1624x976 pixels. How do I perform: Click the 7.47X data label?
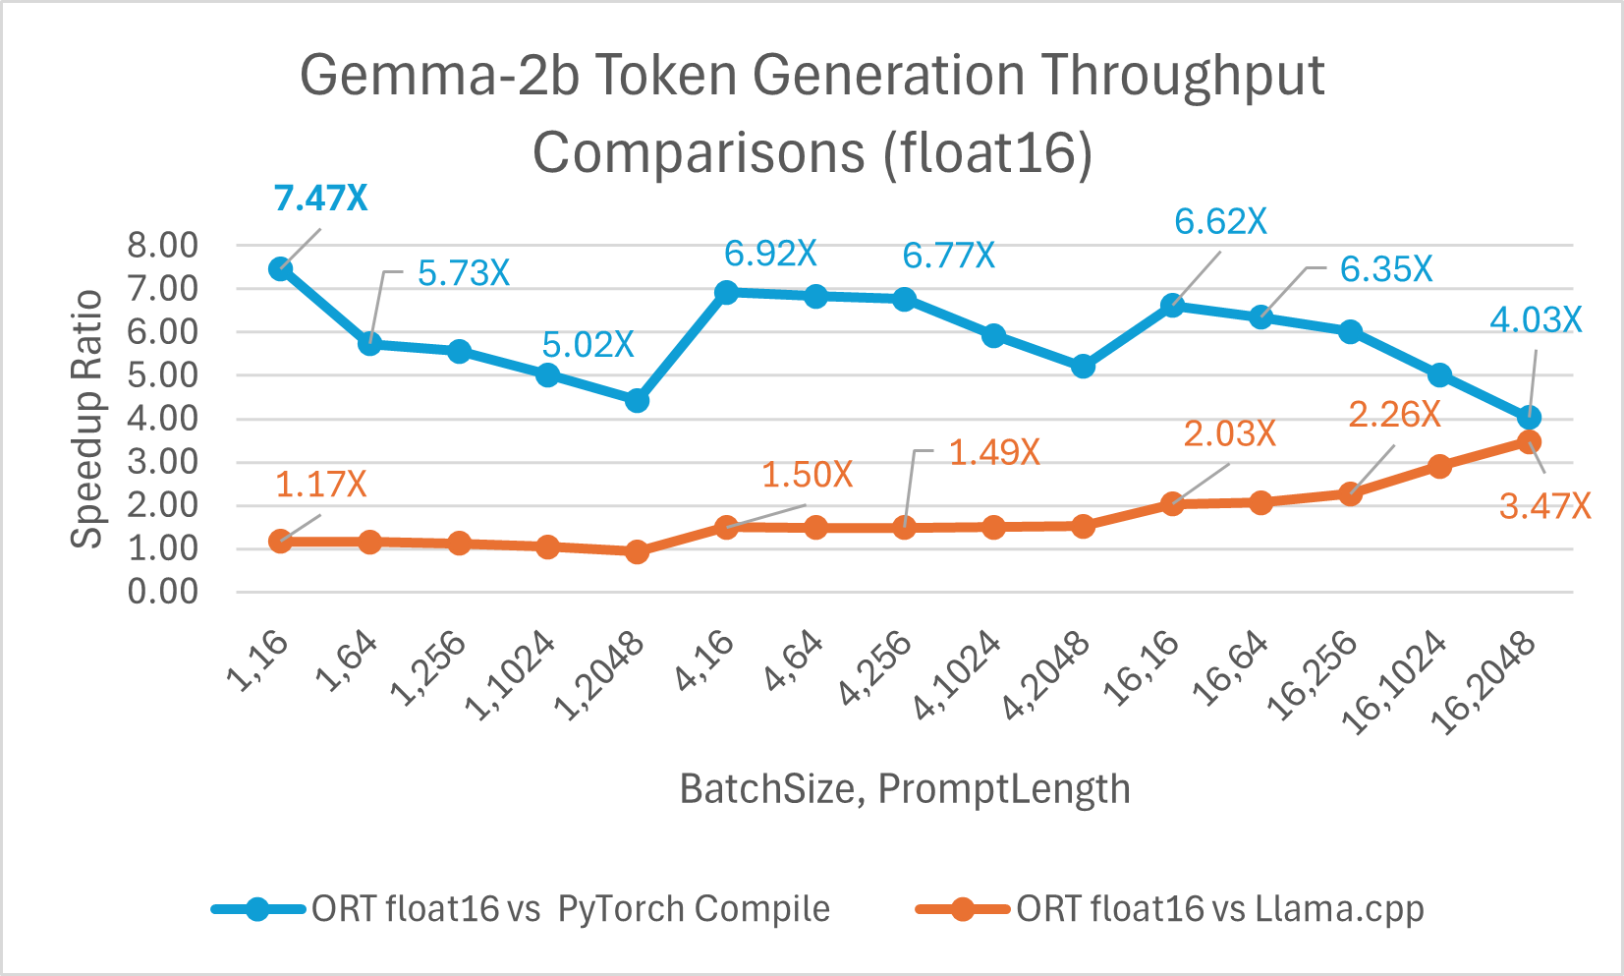click(321, 199)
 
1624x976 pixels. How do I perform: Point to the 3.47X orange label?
click(1544, 506)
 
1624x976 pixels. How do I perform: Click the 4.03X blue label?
click(1536, 320)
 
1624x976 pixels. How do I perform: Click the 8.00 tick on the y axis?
click(162, 246)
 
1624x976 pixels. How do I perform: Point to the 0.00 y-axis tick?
click(162, 592)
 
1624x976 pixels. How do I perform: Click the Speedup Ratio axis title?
click(86, 419)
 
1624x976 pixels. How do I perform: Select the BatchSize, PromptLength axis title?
click(905, 789)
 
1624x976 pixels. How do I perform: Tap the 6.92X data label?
click(770, 255)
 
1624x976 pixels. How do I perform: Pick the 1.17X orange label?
click(320, 485)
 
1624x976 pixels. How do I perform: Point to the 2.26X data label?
click(1394, 415)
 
